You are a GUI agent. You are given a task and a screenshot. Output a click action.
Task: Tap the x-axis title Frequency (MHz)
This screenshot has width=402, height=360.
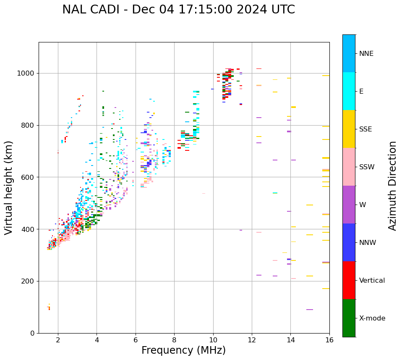(x=183, y=350)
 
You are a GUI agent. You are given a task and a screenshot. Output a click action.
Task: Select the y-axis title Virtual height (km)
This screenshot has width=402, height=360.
(x=9, y=187)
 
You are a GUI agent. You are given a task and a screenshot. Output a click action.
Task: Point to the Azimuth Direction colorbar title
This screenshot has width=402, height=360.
(x=392, y=186)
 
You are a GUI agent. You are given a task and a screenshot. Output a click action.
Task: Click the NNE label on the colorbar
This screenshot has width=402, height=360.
(x=366, y=54)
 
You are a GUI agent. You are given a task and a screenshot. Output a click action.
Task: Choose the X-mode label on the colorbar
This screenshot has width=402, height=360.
(x=372, y=318)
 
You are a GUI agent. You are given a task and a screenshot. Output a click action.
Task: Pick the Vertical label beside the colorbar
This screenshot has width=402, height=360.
(x=372, y=281)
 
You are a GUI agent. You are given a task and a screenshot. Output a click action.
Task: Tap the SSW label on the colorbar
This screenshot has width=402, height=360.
(x=367, y=167)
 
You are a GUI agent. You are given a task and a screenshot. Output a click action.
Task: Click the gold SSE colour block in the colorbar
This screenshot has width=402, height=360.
(x=349, y=129)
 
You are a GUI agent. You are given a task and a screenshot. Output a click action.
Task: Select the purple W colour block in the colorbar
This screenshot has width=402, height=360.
(x=349, y=205)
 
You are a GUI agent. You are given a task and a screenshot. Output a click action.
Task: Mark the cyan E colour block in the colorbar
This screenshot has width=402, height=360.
(x=349, y=91)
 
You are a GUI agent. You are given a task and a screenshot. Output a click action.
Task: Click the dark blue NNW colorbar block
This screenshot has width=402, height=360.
(x=349, y=242)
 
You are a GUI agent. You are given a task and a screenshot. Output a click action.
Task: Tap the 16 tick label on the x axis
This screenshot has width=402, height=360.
(x=329, y=340)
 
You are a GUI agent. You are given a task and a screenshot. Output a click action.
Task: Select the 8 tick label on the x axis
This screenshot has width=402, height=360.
(x=174, y=340)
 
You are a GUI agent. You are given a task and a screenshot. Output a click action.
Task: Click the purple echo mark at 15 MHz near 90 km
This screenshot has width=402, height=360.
(x=310, y=310)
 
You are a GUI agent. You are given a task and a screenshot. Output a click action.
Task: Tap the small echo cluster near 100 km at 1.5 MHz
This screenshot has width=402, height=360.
(x=49, y=307)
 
